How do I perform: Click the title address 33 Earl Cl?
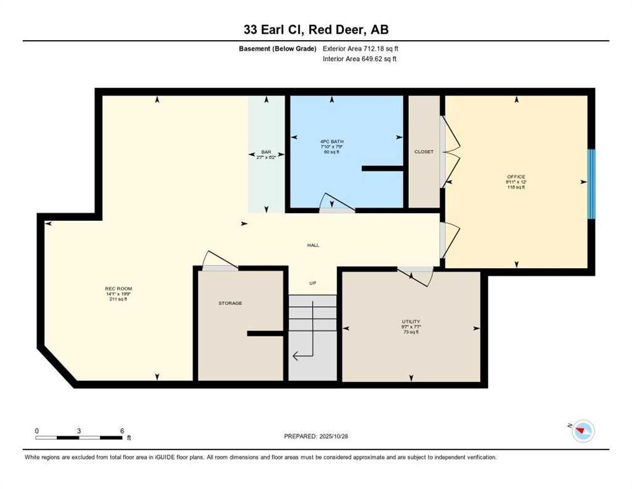(x=315, y=29)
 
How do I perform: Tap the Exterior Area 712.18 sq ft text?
(x=361, y=48)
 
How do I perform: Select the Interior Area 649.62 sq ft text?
(x=361, y=59)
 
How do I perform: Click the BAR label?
(x=266, y=152)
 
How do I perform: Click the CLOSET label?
(x=423, y=152)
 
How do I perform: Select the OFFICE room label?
(x=516, y=176)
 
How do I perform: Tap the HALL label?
(x=313, y=244)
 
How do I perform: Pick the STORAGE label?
(x=230, y=303)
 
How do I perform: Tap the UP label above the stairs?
(x=313, y=283)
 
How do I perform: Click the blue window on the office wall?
(x=591, y=184)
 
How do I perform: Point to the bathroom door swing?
(x=333, y=202)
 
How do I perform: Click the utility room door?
(x=415, y=274)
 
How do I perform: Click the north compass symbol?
(x=582, y=432)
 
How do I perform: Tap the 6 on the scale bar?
(x=121, y=430)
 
